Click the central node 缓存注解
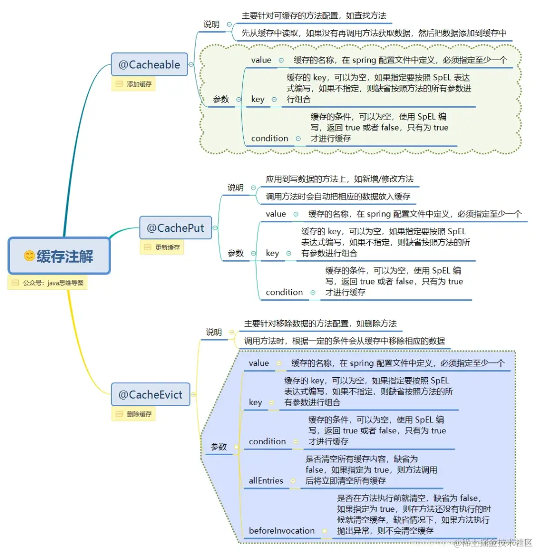tap(59, 256)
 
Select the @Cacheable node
tap(149, 65)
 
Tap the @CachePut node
tap(175, 228)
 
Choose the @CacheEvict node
tap(150, 395)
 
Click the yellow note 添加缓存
tap(134, 84)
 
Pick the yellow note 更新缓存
tap(162, 247)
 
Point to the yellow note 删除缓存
tap(133, 414)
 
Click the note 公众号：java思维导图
tap(48, 283)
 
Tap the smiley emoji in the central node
tap(30, 256)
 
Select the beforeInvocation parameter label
tap(281, 531)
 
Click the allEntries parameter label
tap(266, 481)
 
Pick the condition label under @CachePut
tap(284, 292)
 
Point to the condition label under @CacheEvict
tap(267, 441)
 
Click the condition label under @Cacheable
tap(269, 138)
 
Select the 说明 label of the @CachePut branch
tap(236, 188)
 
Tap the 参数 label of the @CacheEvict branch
tap(219, 447)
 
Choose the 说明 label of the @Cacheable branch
tap(211, 24)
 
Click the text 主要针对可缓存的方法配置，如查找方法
tap(314, 16)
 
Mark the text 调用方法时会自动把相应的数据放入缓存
tap(338, 196)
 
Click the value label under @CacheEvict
tap(259, 363)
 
